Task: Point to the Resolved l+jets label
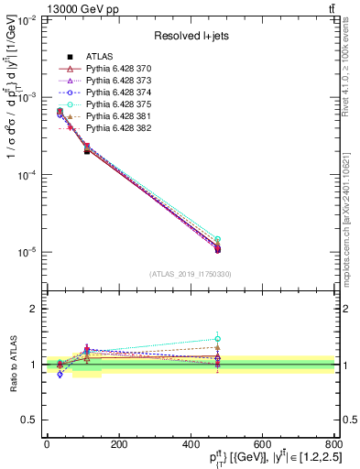(x=190, y=38)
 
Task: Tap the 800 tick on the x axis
(x=334, y=444)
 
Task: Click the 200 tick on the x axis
(x=118, y=444)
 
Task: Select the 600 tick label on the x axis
(x=262, y=444)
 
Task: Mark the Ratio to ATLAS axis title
(x=12, y=365)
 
